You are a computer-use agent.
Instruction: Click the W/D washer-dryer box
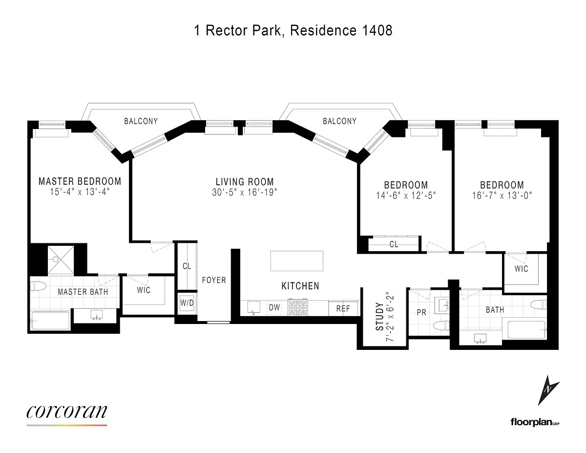(187, 302)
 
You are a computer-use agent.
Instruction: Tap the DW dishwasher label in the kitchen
(274, 307)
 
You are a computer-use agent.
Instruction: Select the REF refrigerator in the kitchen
(343, 308)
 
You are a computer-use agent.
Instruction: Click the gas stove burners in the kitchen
(298, 307)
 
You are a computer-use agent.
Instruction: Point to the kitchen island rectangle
(296, 261)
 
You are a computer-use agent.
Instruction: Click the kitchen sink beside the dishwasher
(254, 308)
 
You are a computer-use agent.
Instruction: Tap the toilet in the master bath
(38, 286)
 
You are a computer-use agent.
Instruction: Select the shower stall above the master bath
(61, 259)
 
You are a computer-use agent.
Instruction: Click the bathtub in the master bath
(50, 321)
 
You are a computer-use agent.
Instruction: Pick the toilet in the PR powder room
(441, 325)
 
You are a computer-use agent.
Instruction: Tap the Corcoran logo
(66, 412)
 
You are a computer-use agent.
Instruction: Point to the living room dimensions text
(245, 193)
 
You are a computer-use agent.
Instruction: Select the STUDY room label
(380, 317)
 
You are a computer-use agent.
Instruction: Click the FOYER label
(214, 280)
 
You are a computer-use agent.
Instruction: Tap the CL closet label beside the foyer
(187, 266)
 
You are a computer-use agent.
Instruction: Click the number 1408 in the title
(377, 30)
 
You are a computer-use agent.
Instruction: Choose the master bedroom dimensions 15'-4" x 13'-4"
(80, 192)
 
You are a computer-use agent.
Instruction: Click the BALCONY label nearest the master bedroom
(141, 121)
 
